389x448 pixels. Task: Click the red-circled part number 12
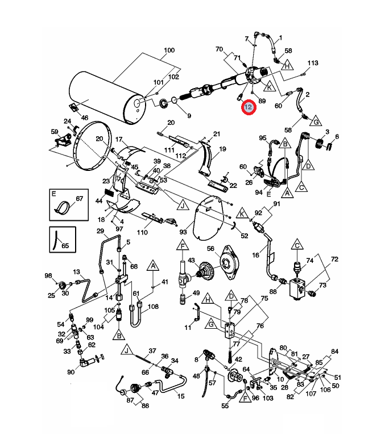[248, 107]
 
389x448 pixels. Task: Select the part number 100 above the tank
[169, 51]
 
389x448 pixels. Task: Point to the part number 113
[313, 62]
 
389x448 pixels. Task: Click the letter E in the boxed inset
[53, 194]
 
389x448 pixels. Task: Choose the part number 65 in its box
[65, 246]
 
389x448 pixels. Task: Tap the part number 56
[210, 249]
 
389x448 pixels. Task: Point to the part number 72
[334, 259]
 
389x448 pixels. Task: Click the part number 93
[183, 231]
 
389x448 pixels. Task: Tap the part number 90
[71, 372]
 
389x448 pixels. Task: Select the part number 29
[100, 231]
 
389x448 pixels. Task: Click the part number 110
[142, 232]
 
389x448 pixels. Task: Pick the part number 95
[263, 138]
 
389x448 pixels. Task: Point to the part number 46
[85, 118]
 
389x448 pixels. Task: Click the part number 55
[225, 407]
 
